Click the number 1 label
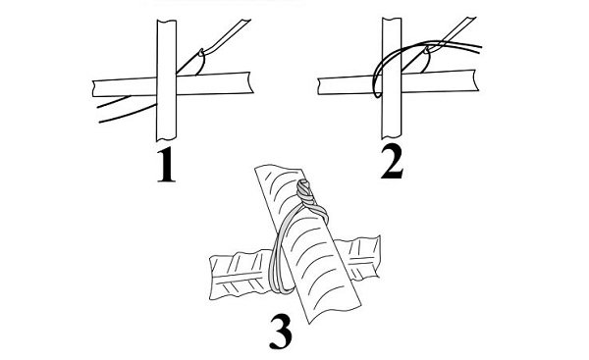(166, 165)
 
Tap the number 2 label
(392, 162)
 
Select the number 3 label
(281, 332)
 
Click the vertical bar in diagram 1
(167, 80)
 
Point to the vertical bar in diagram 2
(392, 78)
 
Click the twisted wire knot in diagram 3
(305, 193)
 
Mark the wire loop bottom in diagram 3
(281, 290)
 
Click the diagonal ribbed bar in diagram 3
(308, 244)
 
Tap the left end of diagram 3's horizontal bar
(211, 278)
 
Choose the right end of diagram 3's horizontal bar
(379, 257)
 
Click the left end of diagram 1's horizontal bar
(93, 88)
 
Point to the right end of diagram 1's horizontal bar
(250, 82)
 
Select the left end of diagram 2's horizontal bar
(318, 86)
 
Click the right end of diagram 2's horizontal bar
(476, 80)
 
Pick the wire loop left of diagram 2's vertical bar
(376, 80)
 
